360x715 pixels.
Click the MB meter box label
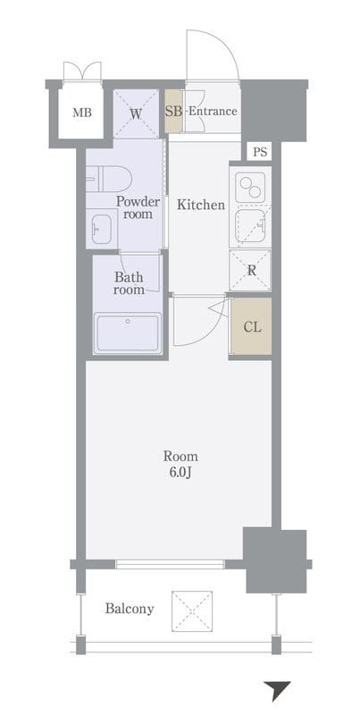[x=81, y=113]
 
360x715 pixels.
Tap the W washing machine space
[x=136, y=114]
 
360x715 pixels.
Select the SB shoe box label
[x=173, y=111]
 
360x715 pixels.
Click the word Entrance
[x=213, y=111]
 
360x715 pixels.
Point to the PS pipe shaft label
[x=260, y=152]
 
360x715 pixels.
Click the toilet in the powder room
[x=109, y=180]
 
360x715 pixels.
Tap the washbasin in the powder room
[x=102, y=229]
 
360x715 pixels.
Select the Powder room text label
[x=138, y=207]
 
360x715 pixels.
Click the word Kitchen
[x=200, y=205]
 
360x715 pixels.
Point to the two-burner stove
[x=250, y=187]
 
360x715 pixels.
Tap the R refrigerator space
[x=250, y=270]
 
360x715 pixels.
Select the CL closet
[x=251, y=325]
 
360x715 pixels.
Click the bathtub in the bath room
[x=128, y=332]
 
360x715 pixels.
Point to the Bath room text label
[x=129, y=283]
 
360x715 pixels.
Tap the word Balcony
[x=130, y=609]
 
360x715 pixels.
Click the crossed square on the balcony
[x=192, y=611]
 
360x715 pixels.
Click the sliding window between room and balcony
[x=170, y=564]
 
